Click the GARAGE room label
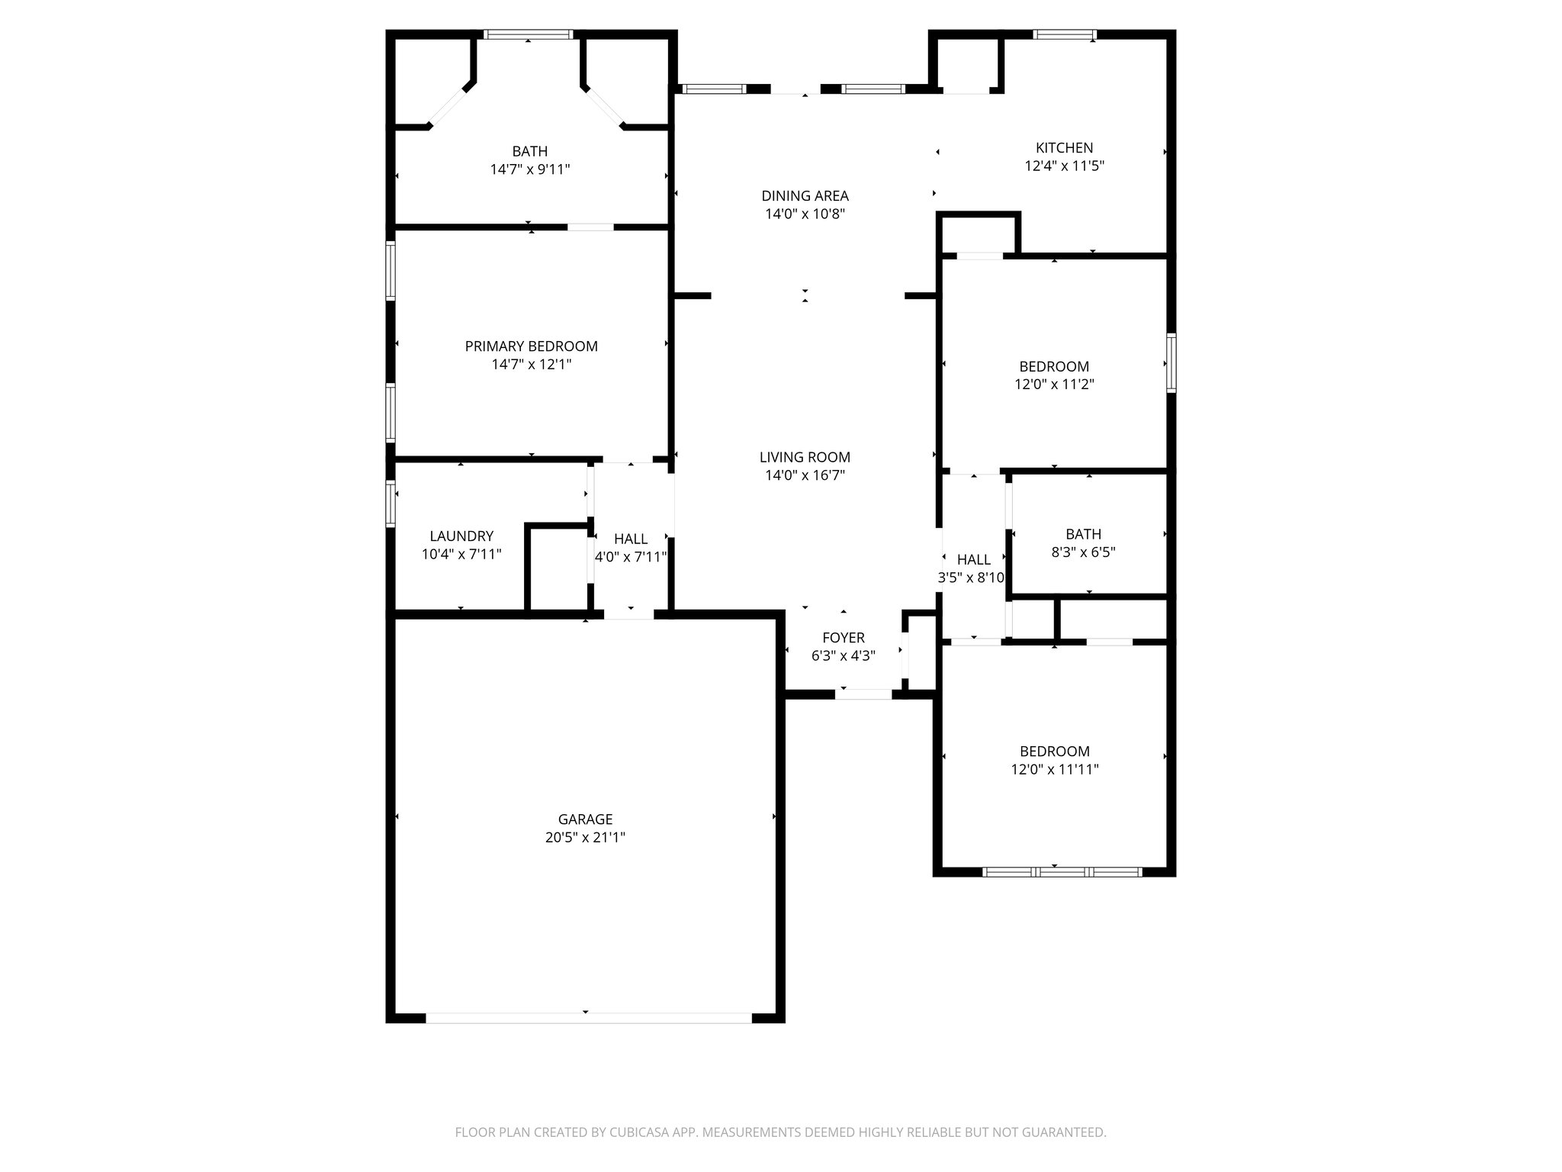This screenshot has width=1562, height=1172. click(x=585, y=819)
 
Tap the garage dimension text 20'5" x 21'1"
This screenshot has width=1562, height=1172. click(x=585, y=837)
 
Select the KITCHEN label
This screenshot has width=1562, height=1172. click(x=1064, y=147)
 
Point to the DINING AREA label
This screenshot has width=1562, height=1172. click(x=805, y=196)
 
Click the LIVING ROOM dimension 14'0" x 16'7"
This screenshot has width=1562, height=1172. click(x=805, y=475)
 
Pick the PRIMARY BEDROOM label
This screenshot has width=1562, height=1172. click(x=531, y=346)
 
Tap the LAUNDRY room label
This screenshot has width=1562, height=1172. click(x=461, y=536)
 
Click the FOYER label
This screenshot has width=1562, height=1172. click(x=843, y=637)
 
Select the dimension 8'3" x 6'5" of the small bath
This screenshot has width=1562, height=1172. click(x=1083, y=552)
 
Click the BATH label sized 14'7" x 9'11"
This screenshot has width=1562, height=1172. click(x=529, y=151)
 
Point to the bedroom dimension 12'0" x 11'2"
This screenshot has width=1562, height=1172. click(x=1054, y=385)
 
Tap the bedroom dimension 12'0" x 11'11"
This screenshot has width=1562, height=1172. click(x=1054, y=769)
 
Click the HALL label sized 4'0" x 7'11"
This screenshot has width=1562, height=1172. click(x=631, y=539)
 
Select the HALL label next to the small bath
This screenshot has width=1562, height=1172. click(x=973, y=559)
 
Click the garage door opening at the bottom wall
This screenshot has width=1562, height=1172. click(x=588, y=1018)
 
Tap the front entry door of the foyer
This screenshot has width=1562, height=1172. click(x=863, y=694)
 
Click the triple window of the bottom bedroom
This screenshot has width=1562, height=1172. click(x=1062, y=871)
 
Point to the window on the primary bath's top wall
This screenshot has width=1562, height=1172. click(x=529, y=34)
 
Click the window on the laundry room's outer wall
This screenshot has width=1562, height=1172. click(x=390, y=504)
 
